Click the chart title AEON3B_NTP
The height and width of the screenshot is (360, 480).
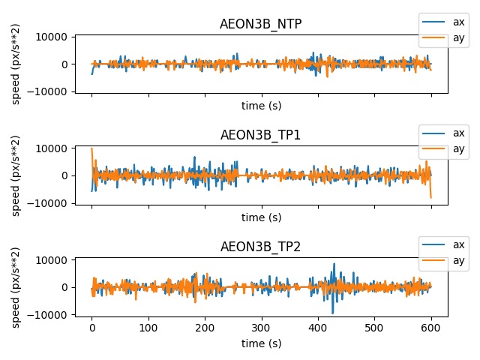[x=261, y=24]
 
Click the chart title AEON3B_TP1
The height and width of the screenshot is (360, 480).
[x=261, y=135]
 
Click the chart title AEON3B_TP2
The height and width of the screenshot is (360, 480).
[x=261, y=247]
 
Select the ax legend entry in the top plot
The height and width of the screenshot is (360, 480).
[x=443, y=22]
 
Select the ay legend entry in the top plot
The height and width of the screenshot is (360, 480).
[x=443, y=37]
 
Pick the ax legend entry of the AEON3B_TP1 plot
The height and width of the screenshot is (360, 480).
[x=443, y=133]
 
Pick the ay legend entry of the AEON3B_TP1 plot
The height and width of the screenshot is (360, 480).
[x=443, y=148]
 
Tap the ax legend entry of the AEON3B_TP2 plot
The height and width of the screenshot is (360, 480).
[x=443, y=244]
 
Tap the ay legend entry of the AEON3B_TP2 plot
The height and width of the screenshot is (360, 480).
[x=443, y=260]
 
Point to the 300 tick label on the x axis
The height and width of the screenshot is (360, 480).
[x=262, y=328]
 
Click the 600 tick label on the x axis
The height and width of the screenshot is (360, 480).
[x=431, y=328]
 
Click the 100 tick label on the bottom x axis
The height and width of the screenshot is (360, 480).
[x=148, y=328]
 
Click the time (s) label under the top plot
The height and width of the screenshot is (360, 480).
[x=261, y=106]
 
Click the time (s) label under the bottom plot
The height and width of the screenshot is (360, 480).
[x=261, y=343]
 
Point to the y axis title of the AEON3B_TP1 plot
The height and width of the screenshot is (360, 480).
[x=16, y=175]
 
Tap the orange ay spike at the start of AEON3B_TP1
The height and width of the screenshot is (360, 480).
[x=92, y=150]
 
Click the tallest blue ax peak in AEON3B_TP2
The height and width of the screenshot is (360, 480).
[x=334, y=265]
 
